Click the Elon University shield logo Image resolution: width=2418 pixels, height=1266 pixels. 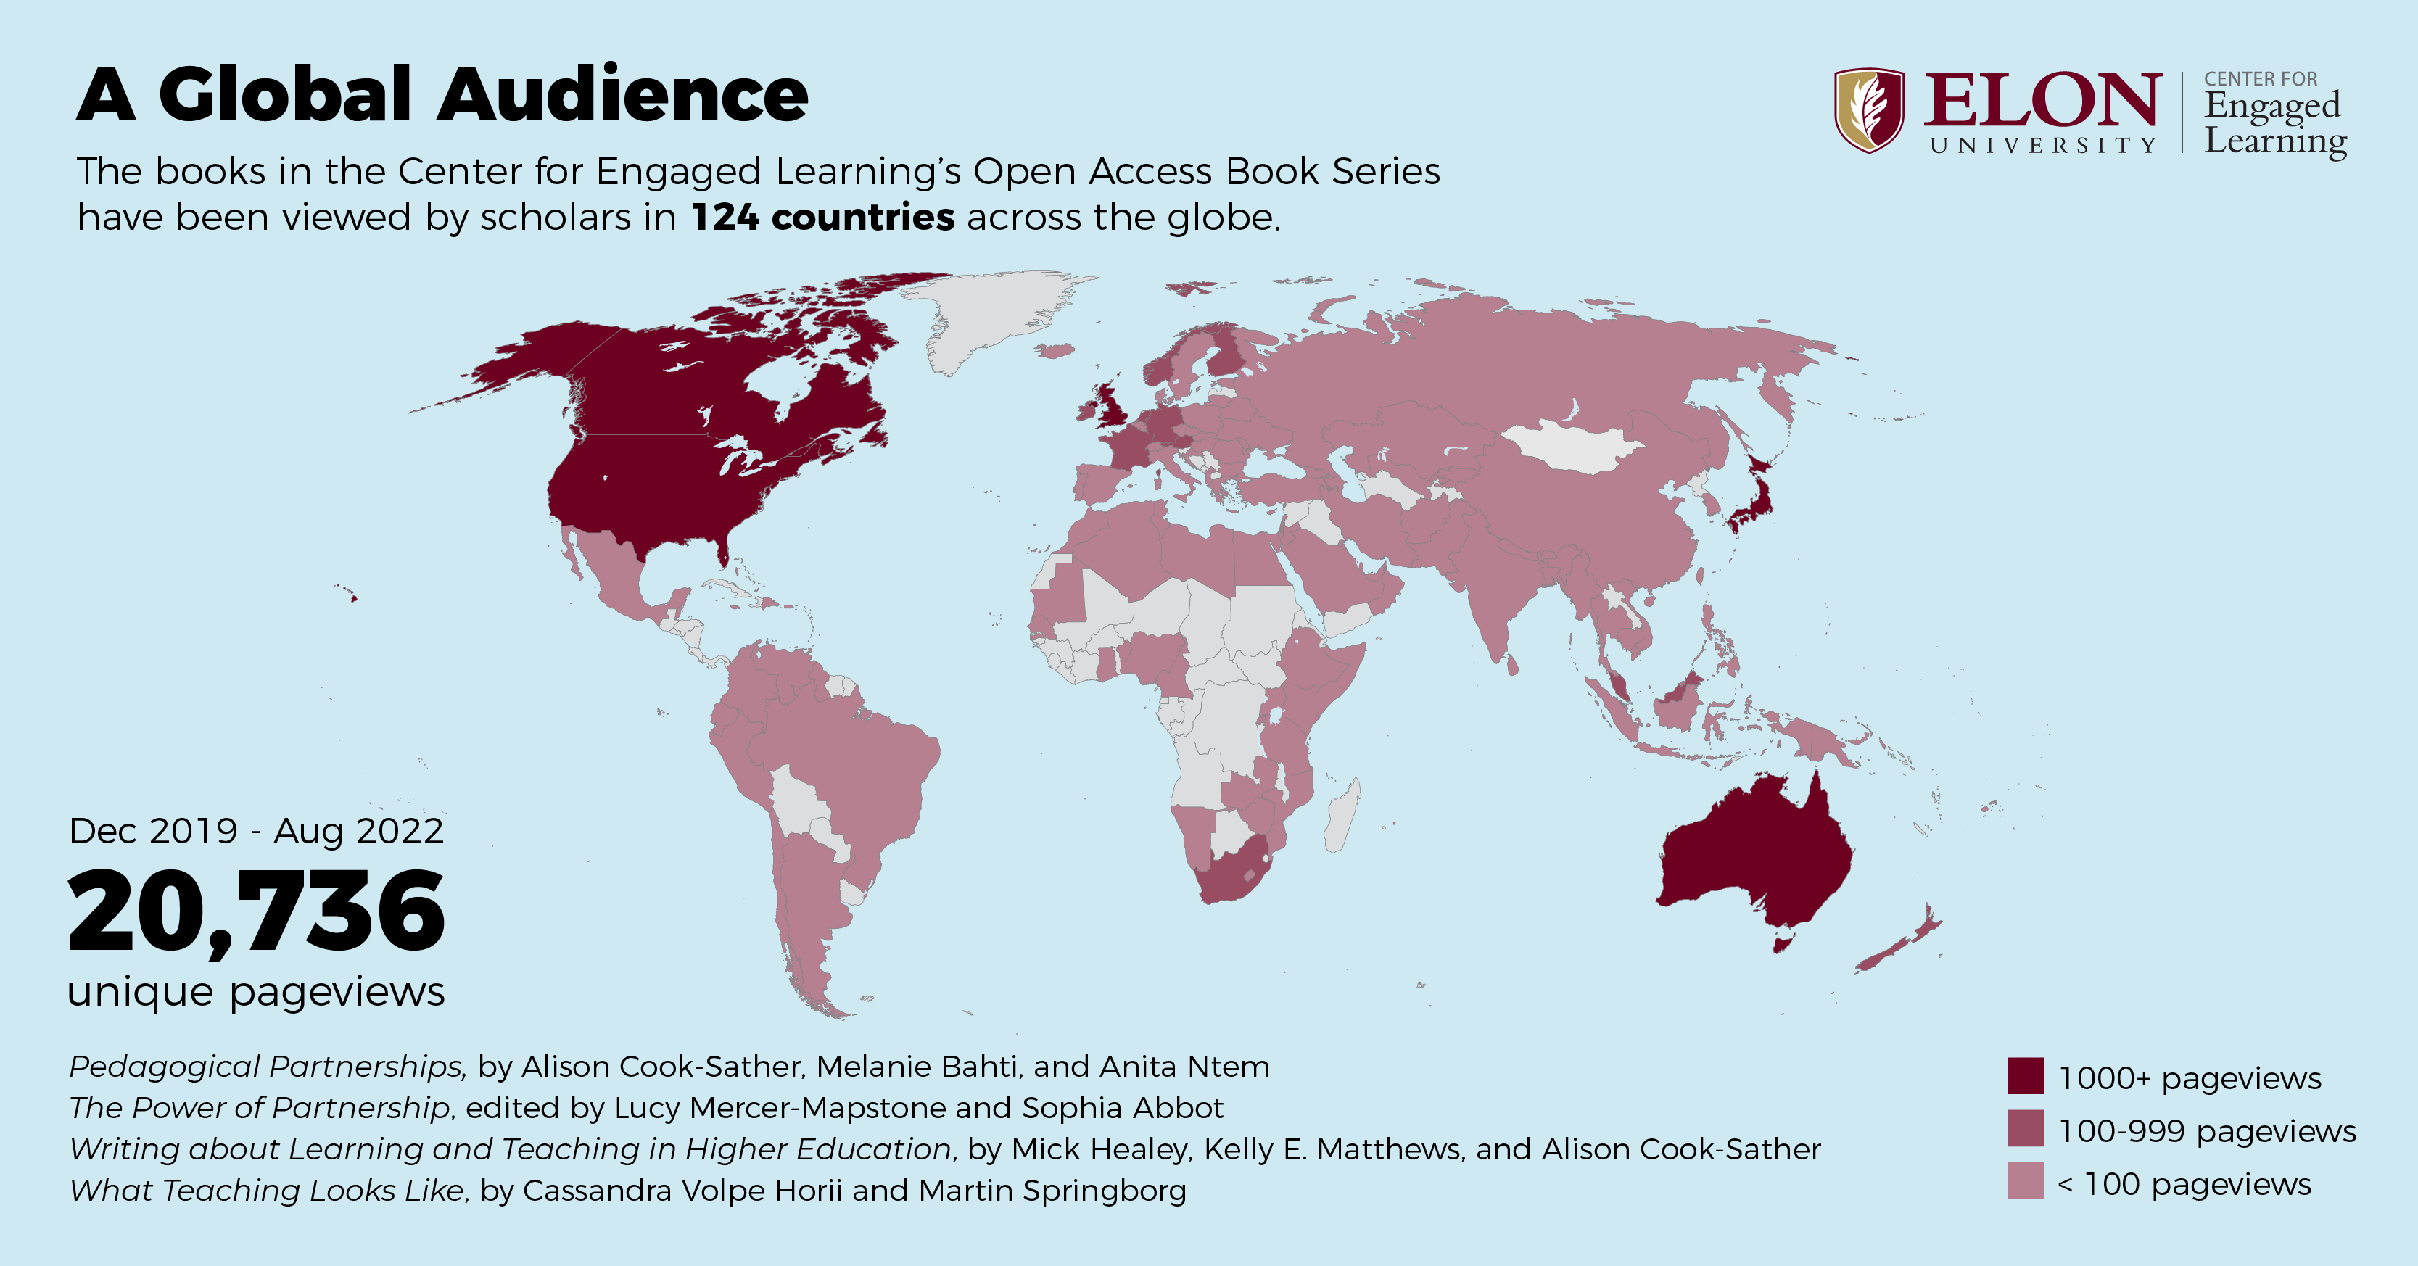1869,109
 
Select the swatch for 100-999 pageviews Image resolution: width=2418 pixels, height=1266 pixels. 2026,1129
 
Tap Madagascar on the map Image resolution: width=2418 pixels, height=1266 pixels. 1342,817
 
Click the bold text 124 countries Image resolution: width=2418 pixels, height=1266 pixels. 822,218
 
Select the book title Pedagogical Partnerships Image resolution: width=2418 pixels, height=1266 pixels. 265,1067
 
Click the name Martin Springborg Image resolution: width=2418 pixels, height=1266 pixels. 1052,1190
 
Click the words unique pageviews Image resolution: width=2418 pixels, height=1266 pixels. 256,991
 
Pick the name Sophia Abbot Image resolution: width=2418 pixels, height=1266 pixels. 1123,1109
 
